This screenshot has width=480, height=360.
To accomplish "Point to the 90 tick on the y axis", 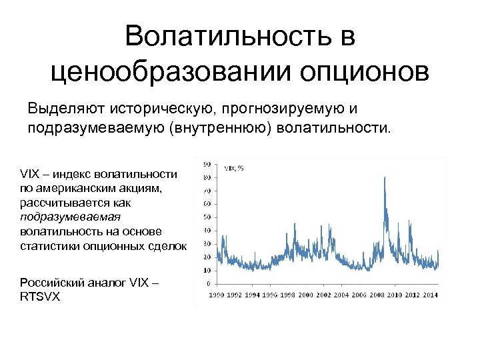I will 207,164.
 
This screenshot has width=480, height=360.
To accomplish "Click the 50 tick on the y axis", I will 207,217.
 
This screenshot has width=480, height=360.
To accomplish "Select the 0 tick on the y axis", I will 209,283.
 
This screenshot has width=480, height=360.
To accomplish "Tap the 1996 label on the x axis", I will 270,294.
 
